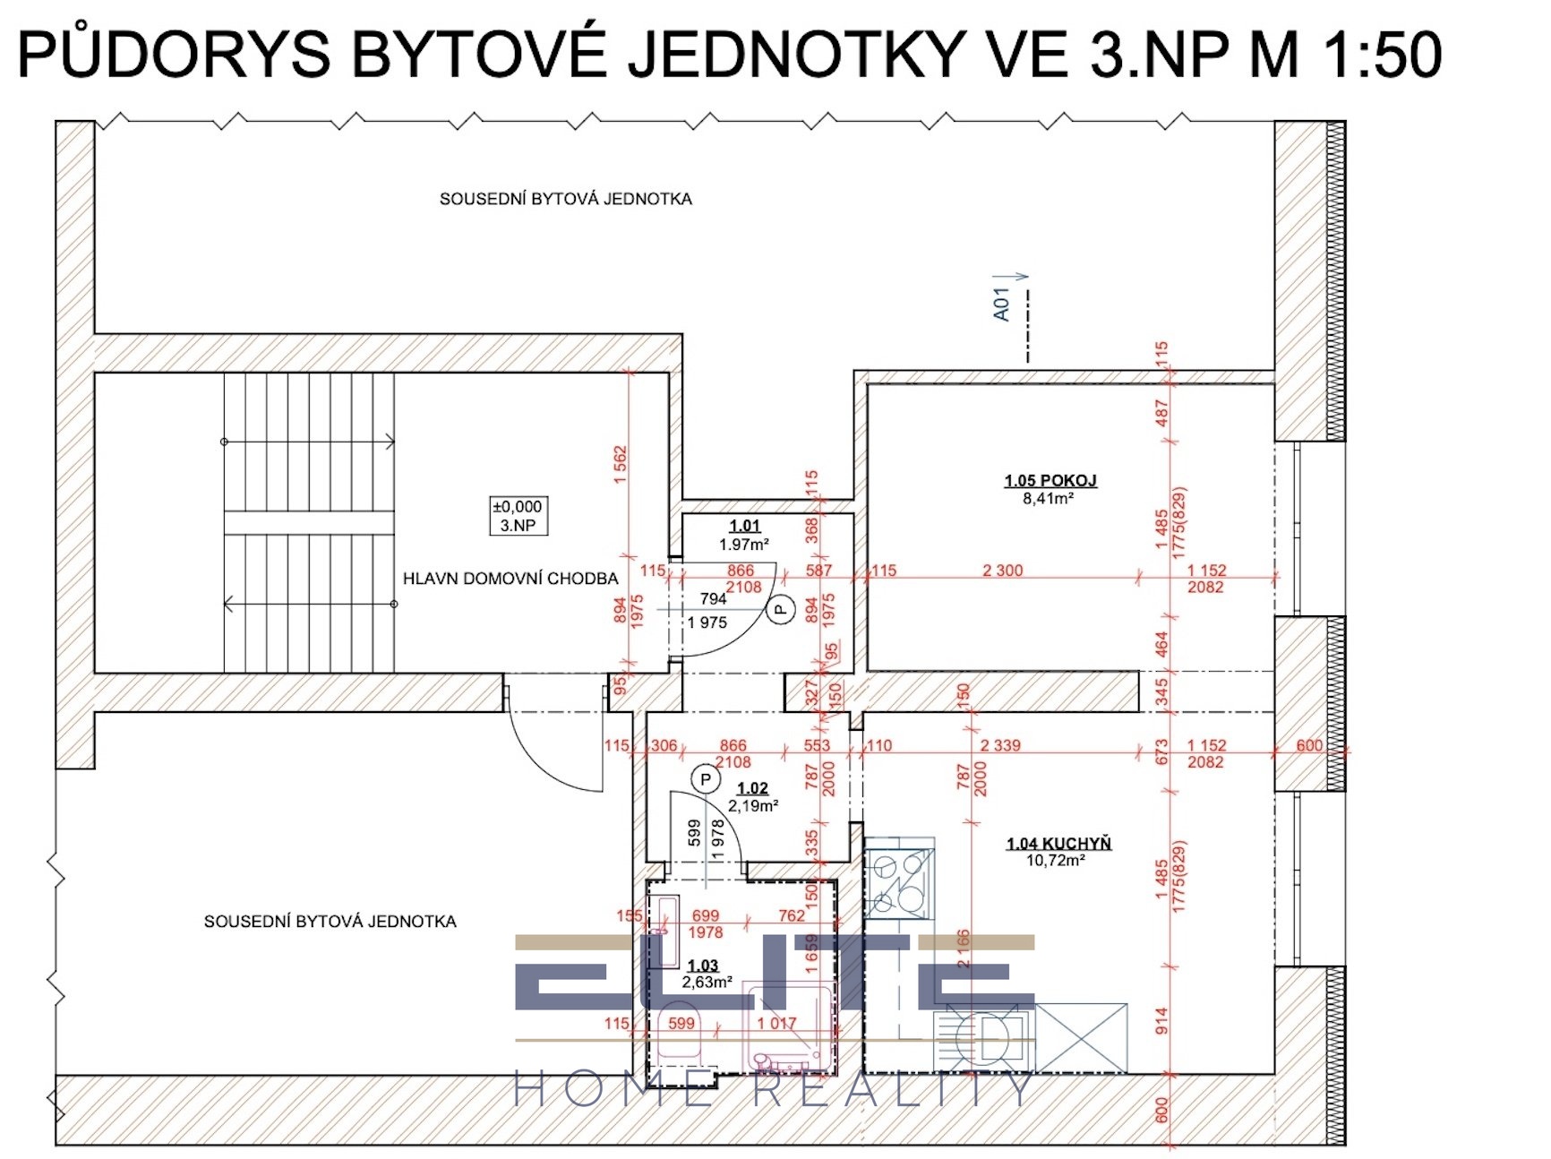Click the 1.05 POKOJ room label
click(1050, 481)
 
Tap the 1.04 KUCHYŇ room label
click(1058, 844)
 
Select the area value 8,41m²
click(1048, 499)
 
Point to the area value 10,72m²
click(1056, 861)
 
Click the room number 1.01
click(744, 527)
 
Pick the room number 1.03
click(703, 966)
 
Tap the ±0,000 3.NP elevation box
click(518, 516)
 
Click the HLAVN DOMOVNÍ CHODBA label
click(510, 579)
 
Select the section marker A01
click(1002, 304)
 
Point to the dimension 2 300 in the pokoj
click(1002, 571)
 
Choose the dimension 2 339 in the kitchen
click(999, 745)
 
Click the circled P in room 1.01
click(781, 610)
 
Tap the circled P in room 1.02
click(706, 780)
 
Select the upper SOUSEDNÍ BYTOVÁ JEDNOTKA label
click(565, 199)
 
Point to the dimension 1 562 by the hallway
click(621, 466)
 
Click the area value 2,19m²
click(752, 806)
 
